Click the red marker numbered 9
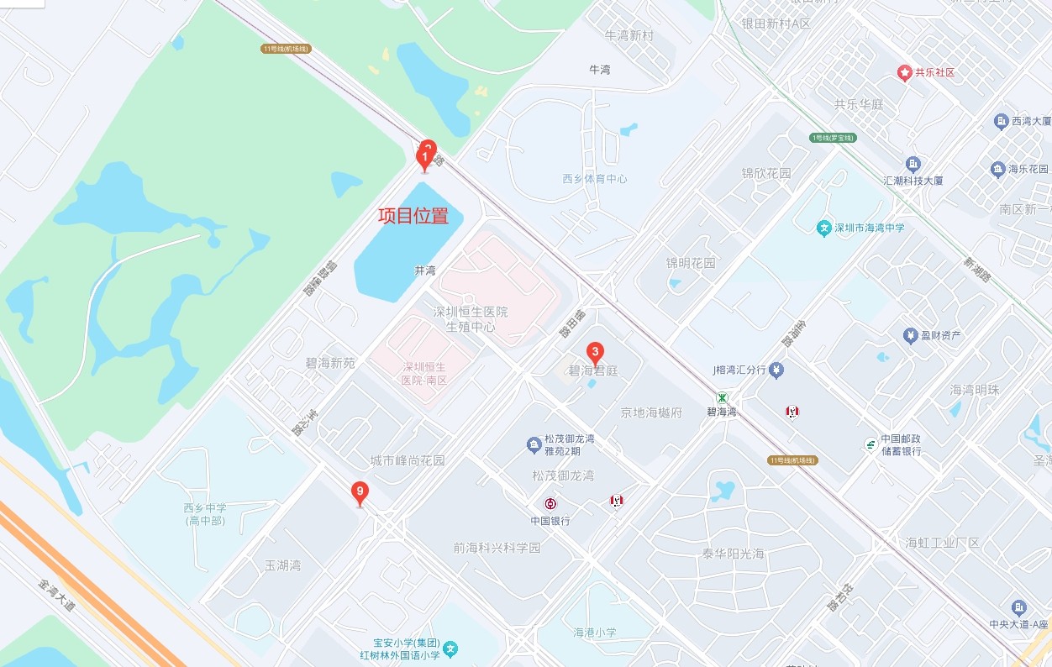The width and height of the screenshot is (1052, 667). pyautogui.click(x=360, y=493)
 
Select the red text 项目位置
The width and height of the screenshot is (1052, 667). pyautogui.click(x=413, y=216)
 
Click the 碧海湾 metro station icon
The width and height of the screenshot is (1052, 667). pyautogui.click(x=722, y=397)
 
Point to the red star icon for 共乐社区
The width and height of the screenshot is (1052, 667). pyautogui.click(x=905, y=73)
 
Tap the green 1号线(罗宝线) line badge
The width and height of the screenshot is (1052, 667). pyautogui.click(x=833, y=138)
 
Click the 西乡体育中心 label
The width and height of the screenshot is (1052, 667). pyautogui.click(x=595, y=179)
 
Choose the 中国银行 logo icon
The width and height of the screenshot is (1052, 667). pyautogui.click(x=550, y=504)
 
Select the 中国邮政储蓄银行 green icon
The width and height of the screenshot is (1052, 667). pyautogui.click(x=871, y=444)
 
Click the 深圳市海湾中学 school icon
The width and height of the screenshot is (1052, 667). pyautogui.click(x=824, y=228)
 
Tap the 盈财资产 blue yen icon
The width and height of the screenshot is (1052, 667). pyautogui.click(x=909, y=336)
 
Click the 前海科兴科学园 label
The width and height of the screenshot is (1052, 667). pyautogui.click(x=497, y=548)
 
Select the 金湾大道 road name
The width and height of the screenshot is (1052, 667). pyautogui.click(x=57, y=595)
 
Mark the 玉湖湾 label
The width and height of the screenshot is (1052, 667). pyautogui.click(x=282, y=565)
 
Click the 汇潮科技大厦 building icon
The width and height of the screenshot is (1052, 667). pyautogui.click(x=913, y=164)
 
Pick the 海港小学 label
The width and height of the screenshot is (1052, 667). pyautogui.click(x=595, y=633)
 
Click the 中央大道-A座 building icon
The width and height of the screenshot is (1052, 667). pyautogui.click(x=1019, y=607)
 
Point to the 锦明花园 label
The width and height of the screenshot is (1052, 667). pyautogui.click(x=691, y=263)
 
